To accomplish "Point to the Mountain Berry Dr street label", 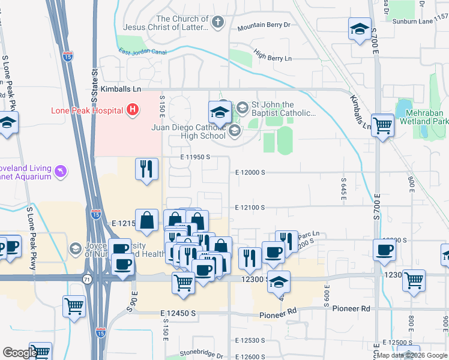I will (264, 26).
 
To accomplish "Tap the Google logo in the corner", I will (19, 353).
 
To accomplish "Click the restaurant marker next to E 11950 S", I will (147, 170).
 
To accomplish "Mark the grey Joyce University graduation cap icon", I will (75, 248).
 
